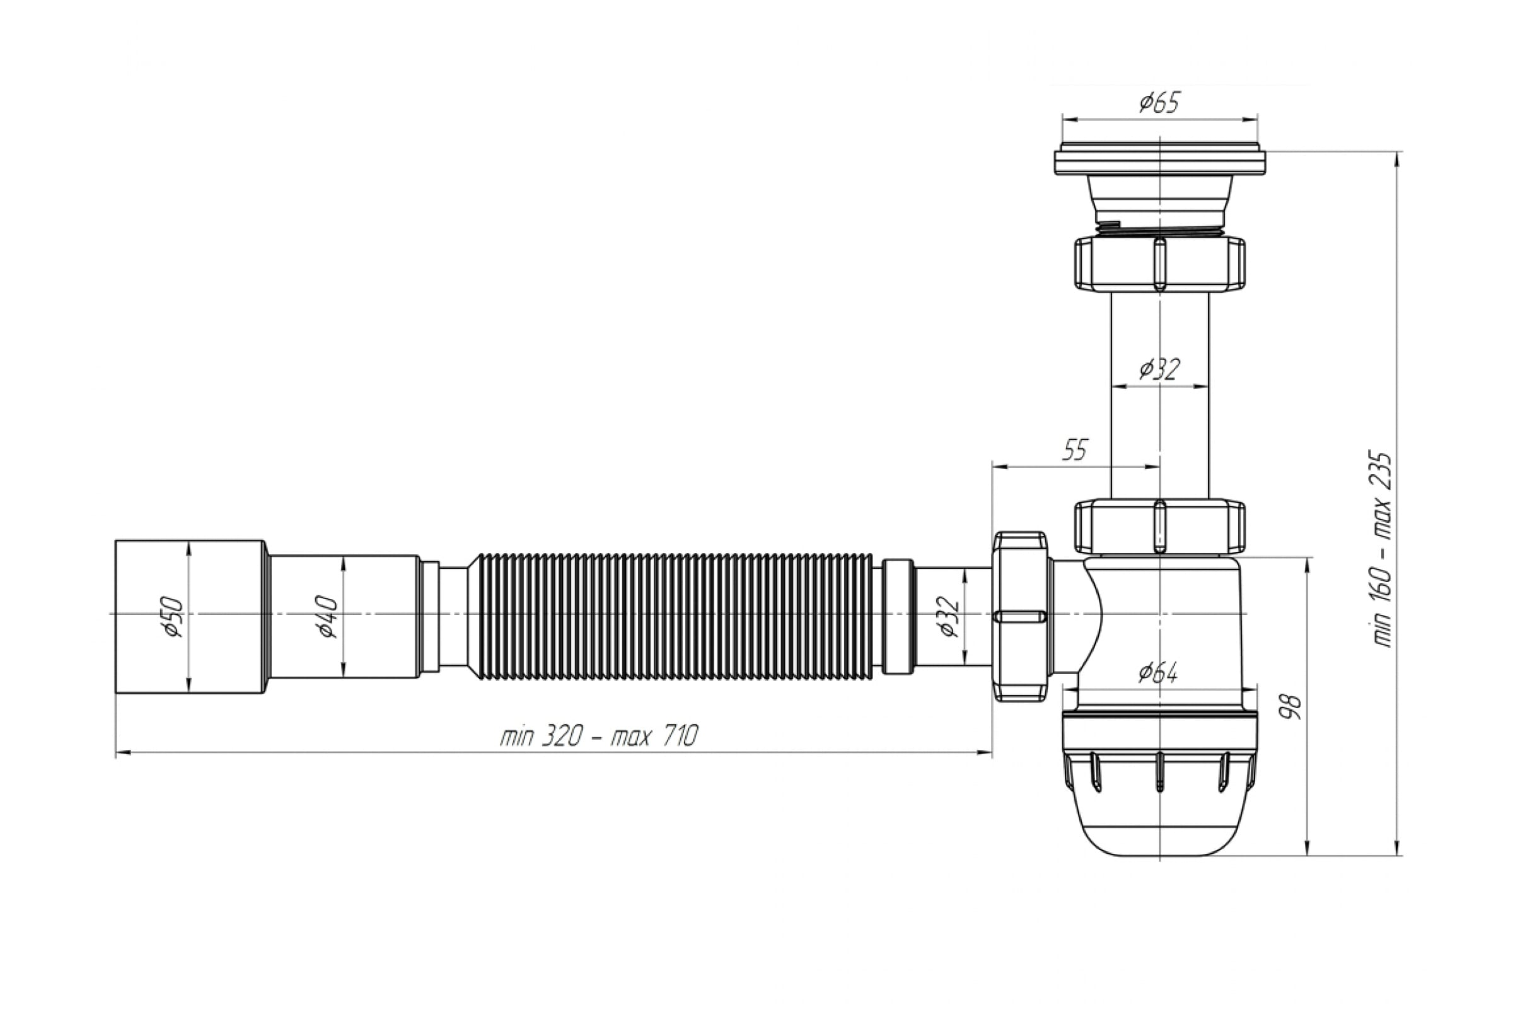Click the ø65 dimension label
pyautogui.click(x=1159, y=102)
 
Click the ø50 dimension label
pyautogui.click(x=174, y=617)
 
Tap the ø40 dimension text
pyautogui.click(x=327, y=617)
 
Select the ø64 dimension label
pyautogui.click(x=1158, y=673)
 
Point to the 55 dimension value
pyautogui.click(x=1074, y=450)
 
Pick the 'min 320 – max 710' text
pyautogui.click(x=599, y=735)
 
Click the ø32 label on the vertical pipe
pyautogui.click(x=1159, y=370)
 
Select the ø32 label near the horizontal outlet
pyautogui.click(x=949, y=617)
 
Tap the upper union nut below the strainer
pyautogui.click(x=1159, y=263)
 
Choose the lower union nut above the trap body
pyautogui.click(x=1159, y=527)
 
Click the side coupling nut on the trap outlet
pyautogui.click(x=1020, y=616)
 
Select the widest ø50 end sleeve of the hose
pyautogui.click(x=190, y=617)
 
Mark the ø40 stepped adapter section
pyautogui.click(x=344, y=616)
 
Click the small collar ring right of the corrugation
pyautogui.click(x=897, y=616)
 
